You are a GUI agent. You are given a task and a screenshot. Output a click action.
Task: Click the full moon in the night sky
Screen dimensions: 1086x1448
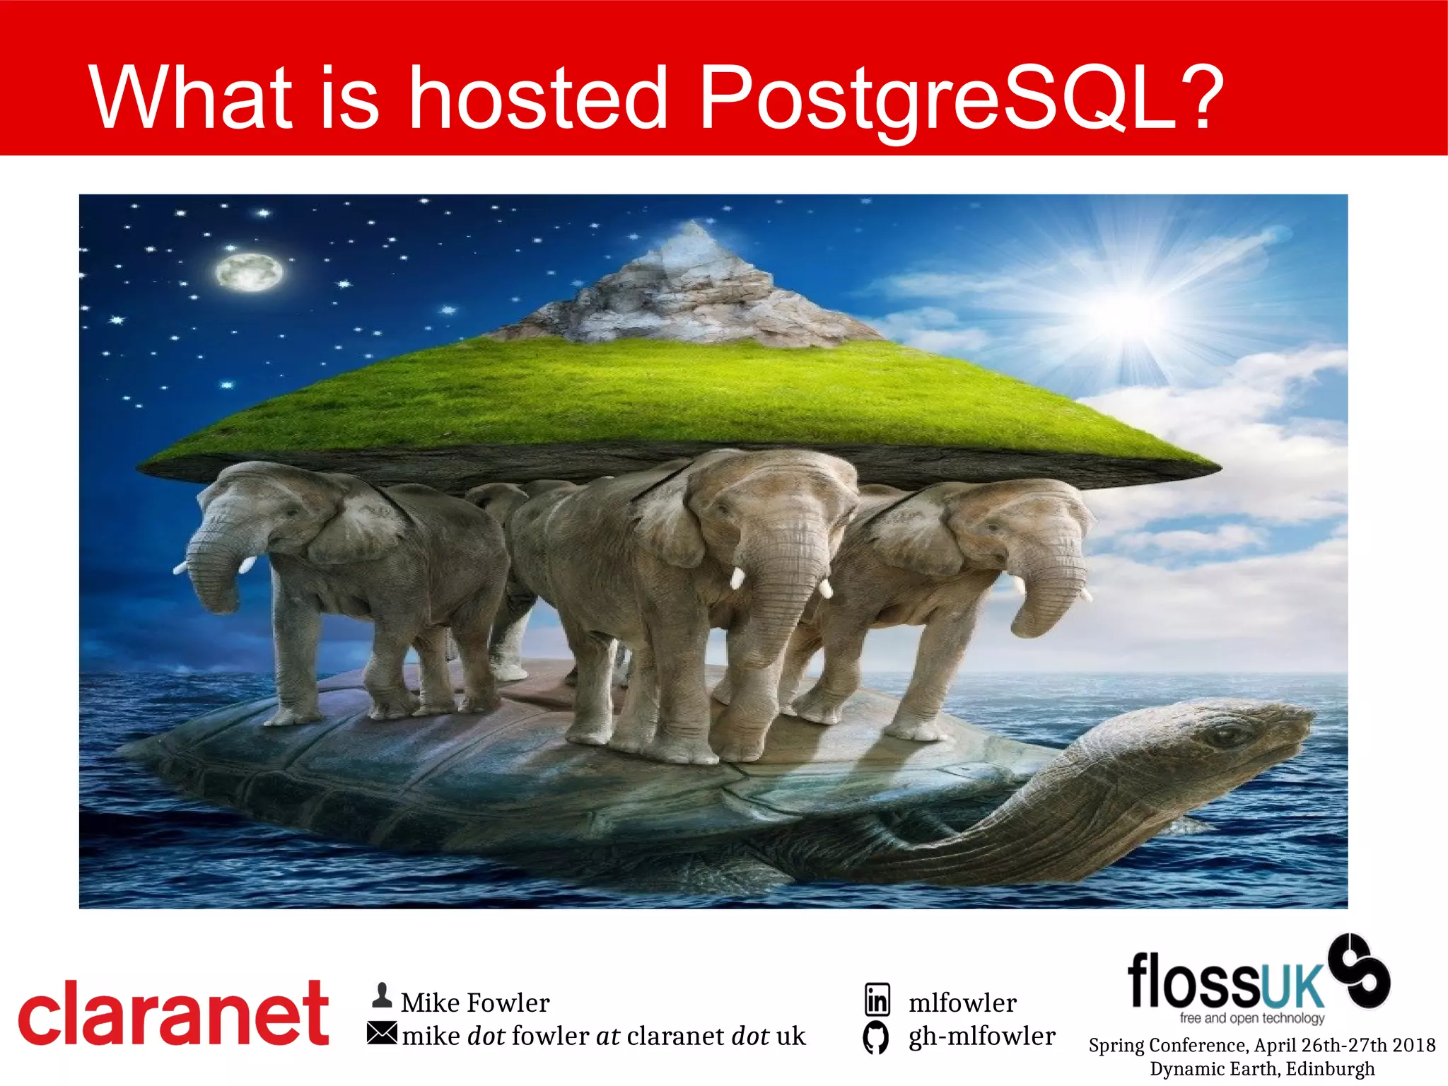(x=249, y=272)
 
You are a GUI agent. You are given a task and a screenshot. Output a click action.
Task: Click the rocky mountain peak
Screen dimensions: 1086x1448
(x=689, y=283)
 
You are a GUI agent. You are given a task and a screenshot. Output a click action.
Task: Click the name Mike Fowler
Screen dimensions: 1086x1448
(x=475, y=1003)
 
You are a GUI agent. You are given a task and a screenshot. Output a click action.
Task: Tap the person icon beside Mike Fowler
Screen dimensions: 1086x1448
(x=382, y=995)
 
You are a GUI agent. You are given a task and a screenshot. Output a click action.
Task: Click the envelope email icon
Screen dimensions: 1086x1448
(x=382, y=1034)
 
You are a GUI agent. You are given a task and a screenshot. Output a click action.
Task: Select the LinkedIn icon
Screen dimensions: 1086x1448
(x=877, y=1000)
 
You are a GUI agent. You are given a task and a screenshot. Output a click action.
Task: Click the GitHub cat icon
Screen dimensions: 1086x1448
(x=876, y=1038)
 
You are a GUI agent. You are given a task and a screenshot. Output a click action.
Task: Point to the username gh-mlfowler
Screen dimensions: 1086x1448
(x=982, y=1037)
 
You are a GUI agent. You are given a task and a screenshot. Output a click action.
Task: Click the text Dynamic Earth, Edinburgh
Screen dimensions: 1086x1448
(x=1262, y=1068)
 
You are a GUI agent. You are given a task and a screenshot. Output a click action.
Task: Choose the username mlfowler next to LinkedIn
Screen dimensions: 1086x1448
(x=962, y=1003)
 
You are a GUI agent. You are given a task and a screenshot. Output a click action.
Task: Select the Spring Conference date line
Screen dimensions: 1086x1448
(x=1262, y=1045)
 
